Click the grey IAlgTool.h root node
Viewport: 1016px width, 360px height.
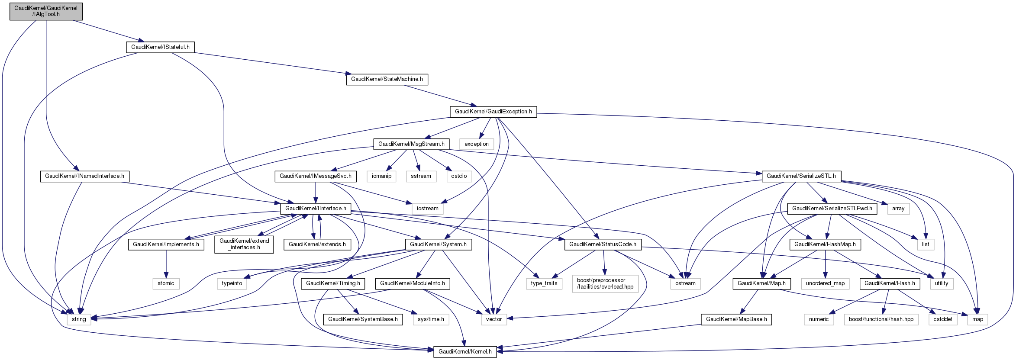click(x=46, y=11)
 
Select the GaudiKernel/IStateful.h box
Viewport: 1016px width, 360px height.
click(x=160, y=47)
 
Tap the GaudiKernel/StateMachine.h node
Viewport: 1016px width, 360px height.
click(x=387, y=79)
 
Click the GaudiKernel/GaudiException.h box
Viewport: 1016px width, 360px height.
click(x=493, y=112)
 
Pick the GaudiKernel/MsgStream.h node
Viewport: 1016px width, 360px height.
click(x=411, y=144)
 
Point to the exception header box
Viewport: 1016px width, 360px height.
click(x=476, y=144)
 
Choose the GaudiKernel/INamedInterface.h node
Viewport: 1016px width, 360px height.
click(x=84, y=176)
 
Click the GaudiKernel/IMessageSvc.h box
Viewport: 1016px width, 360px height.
click(x=316, y=176)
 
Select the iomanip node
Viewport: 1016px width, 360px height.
click(x=381, y=176)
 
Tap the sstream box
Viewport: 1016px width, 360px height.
click(x=421, y=176)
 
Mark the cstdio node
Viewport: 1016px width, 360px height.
click(x=459, y=176)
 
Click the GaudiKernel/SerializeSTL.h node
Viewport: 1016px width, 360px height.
click(x=801, y=176)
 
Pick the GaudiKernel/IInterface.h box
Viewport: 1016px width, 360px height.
click(x=316, y=209)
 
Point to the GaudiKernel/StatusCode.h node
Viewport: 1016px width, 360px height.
click(x=603, y=244)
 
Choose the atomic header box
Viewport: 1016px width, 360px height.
click(x=166, y=283)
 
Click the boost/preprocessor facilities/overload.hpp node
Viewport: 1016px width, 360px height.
click(x=605, y=283)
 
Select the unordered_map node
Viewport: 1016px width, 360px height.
click(x=825, y=283)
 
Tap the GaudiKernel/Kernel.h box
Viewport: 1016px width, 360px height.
click(x=465, y=352)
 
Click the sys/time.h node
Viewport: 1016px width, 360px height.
click(x=431, y=319)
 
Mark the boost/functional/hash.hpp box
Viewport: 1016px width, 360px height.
click(x=881, y=319)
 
